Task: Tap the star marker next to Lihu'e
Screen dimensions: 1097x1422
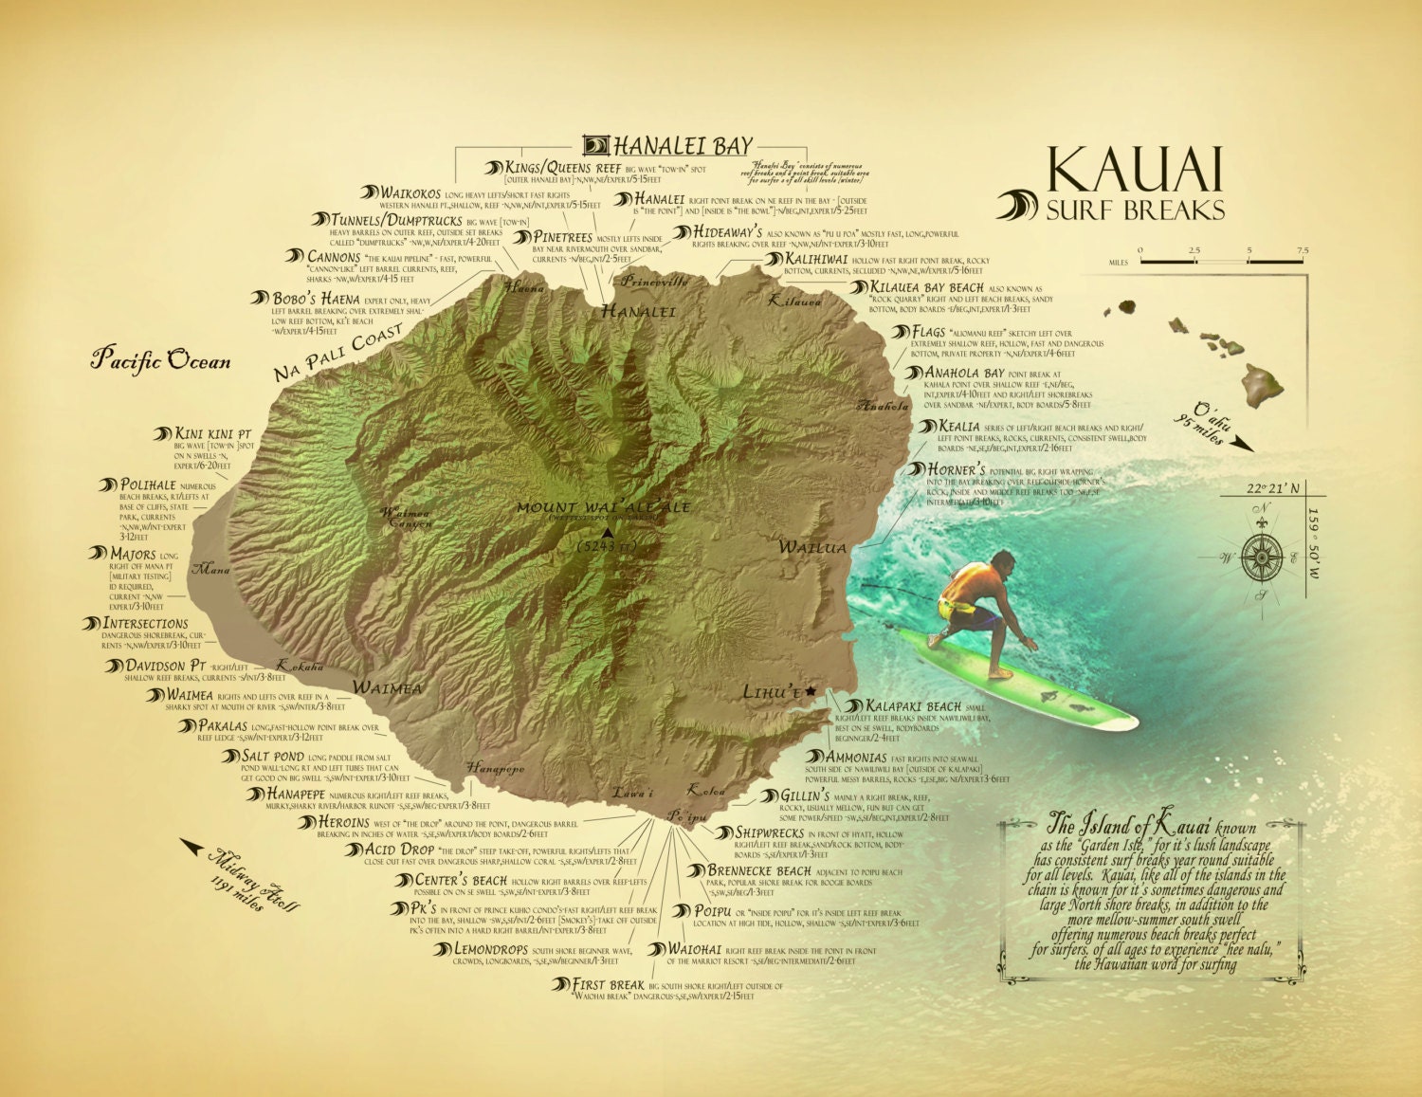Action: coord(811,692)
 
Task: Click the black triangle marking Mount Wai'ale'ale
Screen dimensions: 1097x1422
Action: coord(608,534)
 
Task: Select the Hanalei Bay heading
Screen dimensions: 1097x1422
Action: coord(683,146)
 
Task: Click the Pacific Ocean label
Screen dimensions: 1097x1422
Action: coord(160,360)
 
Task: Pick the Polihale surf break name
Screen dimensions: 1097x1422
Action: coord(149,485)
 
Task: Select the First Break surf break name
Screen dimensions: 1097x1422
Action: coord(609,985)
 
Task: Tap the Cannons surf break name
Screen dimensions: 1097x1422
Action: coord(334,257)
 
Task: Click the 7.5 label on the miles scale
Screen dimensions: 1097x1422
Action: coord(1303,251)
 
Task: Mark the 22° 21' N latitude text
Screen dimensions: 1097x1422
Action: coord(1272,488)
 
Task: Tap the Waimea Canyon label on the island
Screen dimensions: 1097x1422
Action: coord(406,518)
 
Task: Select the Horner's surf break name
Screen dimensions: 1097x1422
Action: coord(957,470)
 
